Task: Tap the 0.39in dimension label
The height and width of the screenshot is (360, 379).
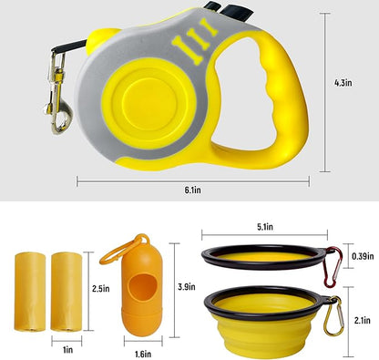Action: click(361, 257)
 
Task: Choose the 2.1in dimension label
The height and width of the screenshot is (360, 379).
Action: click(361, 320)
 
